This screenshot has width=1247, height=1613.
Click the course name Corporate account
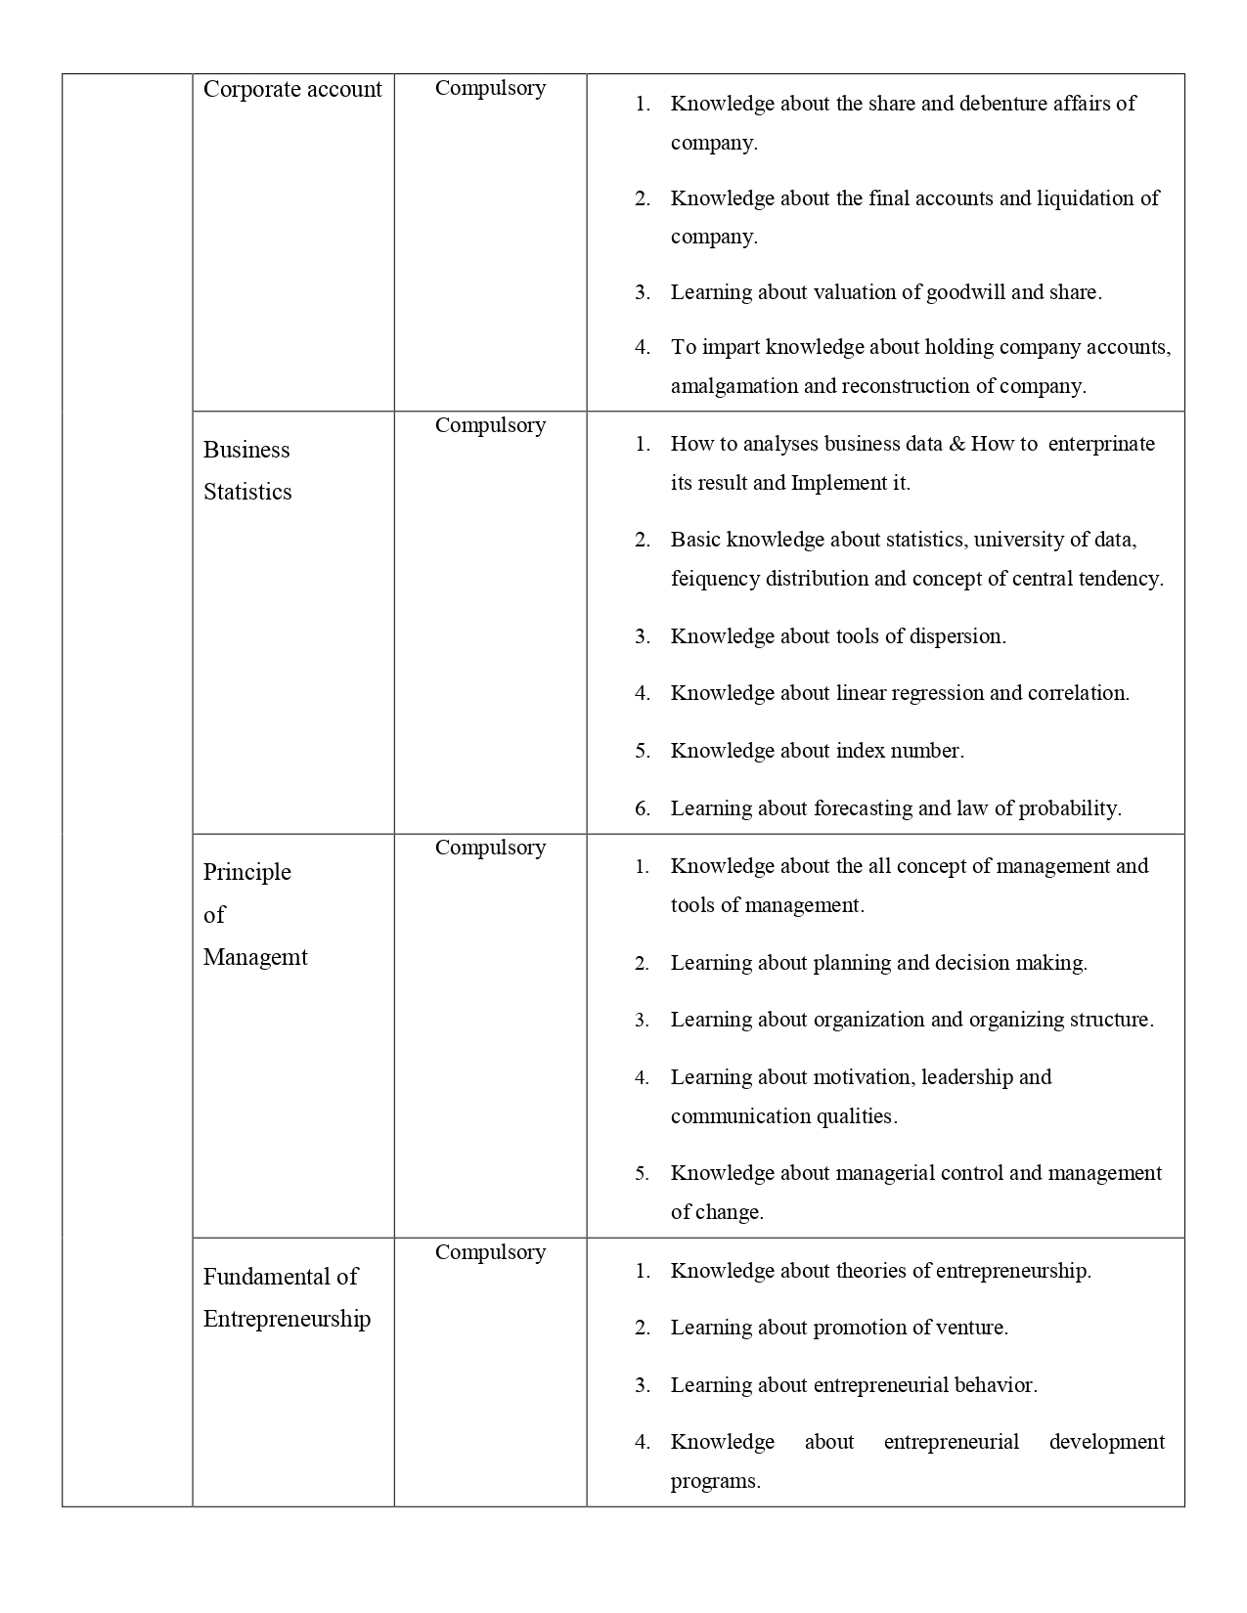point(292,89)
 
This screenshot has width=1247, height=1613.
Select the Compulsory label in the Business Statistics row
point(490,425)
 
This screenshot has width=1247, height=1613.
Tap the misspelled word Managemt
point(255,957)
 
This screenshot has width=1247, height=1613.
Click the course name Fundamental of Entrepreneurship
point(287,1297)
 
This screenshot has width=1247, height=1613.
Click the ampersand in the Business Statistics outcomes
point(958,444)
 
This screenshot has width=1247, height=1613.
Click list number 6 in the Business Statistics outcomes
point(643,808)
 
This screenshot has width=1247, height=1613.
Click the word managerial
point(884,1173)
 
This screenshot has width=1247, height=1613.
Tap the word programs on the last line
point(715,1481)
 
